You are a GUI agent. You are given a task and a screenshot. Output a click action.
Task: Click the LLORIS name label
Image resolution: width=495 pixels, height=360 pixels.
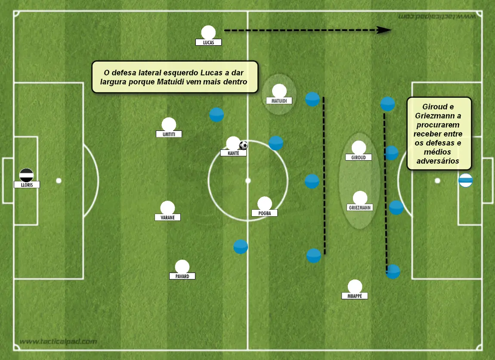(27, 185)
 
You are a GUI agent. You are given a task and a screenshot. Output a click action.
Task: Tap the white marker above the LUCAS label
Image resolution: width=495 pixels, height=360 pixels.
(208, 33)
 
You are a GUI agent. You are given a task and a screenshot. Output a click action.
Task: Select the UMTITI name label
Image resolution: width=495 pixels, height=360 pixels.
(169, 134)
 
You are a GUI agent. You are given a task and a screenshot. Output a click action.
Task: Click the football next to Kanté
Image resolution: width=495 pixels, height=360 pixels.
(243, 145)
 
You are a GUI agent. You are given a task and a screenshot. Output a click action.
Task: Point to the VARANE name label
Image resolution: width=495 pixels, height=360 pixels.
(167, 217)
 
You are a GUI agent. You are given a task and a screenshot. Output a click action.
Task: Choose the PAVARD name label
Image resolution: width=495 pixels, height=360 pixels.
(182, 276)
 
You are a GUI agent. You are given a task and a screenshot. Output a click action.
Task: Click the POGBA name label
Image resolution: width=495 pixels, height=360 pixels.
(265, 213)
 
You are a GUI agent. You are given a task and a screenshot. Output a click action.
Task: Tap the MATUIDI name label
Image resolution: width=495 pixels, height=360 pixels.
(279, 101)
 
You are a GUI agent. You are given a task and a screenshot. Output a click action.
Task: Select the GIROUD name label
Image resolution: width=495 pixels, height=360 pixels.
(359, 157)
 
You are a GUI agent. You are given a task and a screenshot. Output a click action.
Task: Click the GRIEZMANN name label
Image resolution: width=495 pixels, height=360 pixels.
(359, 208)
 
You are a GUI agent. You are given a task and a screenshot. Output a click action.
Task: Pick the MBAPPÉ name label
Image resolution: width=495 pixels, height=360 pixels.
(355, 296)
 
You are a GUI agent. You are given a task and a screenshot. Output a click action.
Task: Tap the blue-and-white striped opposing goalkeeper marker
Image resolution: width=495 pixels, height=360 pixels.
(466, 180)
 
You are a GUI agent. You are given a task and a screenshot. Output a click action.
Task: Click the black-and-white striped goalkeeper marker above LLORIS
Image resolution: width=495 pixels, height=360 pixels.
(27, 175)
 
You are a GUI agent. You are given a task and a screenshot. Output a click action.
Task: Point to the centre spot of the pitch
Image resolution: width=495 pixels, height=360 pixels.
(248, 180)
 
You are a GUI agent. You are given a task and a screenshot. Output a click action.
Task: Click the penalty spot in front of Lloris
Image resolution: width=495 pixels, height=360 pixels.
(59, 180)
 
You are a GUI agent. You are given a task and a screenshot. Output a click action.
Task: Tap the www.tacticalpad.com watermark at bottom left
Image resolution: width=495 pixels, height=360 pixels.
(58, 341)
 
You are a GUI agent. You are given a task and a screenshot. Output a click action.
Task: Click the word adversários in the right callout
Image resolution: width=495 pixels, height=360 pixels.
(438, 161)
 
